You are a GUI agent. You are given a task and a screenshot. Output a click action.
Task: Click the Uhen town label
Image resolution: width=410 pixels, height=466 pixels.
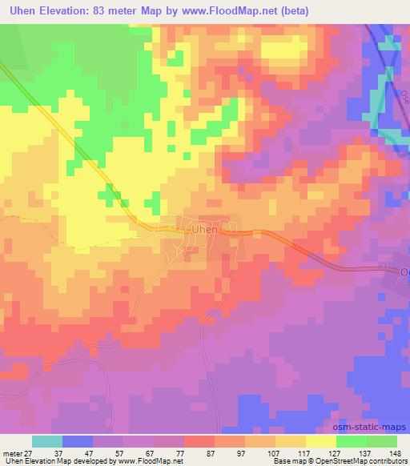pyautogui.click(x=205, y=230)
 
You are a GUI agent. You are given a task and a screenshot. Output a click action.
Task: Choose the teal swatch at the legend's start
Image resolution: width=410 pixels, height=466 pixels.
pyautogui.click(x=46, y=441)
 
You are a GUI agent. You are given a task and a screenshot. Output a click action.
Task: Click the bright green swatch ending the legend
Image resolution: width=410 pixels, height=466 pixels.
pyautogui.click(x=381, y=441)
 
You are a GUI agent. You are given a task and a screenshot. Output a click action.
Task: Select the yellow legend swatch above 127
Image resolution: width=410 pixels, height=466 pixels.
pyautogui.click(x=320, y=441)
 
